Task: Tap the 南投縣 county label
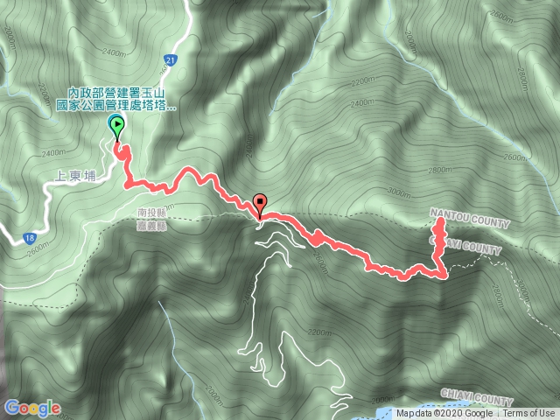click(x=152, y=211)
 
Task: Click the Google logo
click(x=31, y=407)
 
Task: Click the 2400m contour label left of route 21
click(x=140, y=52)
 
